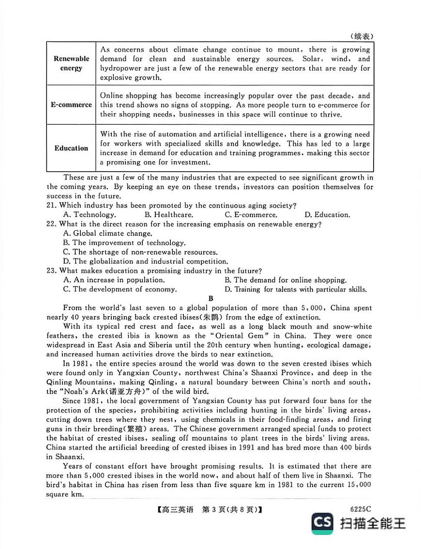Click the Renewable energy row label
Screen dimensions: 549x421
pyautogui.click(x=71, y=63)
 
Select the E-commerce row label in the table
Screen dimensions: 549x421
pyautogui.click(x=71, y=105)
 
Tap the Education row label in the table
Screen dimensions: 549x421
pyautogui.click(x=71, y=148)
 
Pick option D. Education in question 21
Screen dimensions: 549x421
pyautogui.click(x=327, y=215)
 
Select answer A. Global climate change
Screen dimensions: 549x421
pyautogui.click(x=101, y=234)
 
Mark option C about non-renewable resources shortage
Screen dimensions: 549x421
pyautogui.click(x=140, y=252)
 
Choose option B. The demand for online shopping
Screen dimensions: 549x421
pyautogui.click(x=286, y=280)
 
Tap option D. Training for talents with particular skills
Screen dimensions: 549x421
pyautogui.click(x=295, y=289)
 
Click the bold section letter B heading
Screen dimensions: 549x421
pyautogui.click(x=210, y=298)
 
